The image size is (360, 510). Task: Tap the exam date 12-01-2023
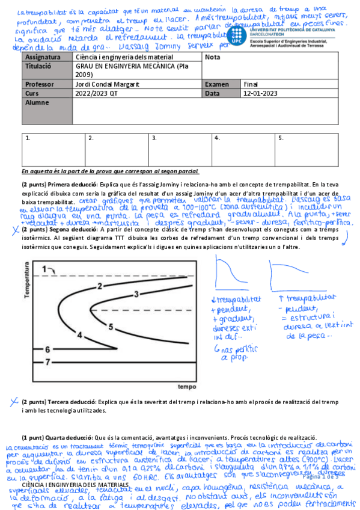point(260,94)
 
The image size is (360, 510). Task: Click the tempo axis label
point(187,386)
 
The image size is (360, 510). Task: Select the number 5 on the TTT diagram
point(111,326)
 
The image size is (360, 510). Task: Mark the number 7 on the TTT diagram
point(47,361)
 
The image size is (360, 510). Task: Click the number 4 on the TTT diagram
point(79,335)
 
